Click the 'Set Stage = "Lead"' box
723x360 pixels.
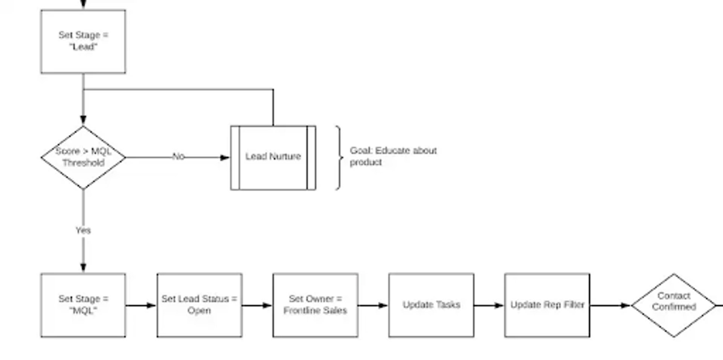[x=83, y=41]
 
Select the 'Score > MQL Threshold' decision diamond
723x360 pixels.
[x=83, y=157]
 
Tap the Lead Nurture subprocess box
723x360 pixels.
[x=273, y=157]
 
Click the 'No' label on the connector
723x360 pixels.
[x=178, y=157]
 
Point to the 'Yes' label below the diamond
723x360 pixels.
[x=83, y=230]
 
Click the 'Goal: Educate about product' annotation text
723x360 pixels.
[x=393, y=156]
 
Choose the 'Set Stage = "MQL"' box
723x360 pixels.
[x=83, y=305]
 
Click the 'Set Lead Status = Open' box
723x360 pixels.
[x=199, y=305]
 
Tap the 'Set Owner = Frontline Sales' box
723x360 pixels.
[x=315, y=305]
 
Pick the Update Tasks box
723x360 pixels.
[x=431, y=305]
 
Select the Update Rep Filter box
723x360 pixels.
[x=547, y=305]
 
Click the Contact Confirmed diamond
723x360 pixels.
[x=674, y=305]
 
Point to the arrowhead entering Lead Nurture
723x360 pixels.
[x=225, y=157]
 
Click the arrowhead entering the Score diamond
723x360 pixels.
[x=83, y=120]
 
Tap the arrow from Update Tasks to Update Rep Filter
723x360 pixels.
[x=489, y=305]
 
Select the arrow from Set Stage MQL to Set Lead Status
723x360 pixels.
[x=141, y=305]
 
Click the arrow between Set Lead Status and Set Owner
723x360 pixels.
[x=257, y=305]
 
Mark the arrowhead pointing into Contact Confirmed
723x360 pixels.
[x=626, y=305]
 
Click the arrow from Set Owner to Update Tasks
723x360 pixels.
[x=373, y=305]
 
